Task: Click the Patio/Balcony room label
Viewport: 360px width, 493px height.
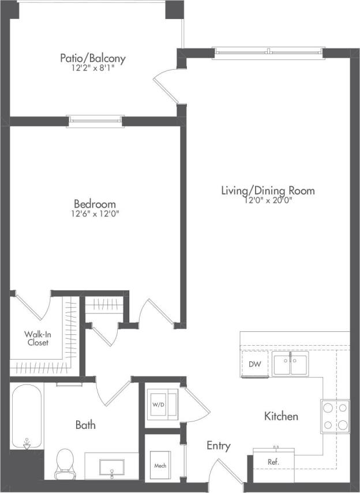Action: (93, 58)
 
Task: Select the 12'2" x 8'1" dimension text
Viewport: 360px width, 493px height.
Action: (93, 68)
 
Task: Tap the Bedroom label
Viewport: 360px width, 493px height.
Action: (95, 204)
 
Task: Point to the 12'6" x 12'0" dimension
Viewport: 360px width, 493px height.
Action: (95, 214)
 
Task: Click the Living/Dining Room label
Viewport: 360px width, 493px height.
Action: (268, 191)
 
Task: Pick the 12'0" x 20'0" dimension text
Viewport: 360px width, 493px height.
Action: (268, 201)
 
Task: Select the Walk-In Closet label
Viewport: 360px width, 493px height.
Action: (36, 338)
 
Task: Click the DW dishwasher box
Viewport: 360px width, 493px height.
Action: (254, 364)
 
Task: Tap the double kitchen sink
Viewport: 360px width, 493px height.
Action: (290, 365)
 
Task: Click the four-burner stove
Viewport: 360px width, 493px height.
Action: (335, 416)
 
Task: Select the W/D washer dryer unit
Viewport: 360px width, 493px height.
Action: (158, 405)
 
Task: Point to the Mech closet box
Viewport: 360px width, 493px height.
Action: (160, 465)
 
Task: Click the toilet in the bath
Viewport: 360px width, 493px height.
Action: (65, 463)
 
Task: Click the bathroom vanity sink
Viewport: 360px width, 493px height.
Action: (111, 465)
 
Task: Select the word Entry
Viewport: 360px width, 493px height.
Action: (219, 446)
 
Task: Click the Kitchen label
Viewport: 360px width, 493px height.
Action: (281, 416)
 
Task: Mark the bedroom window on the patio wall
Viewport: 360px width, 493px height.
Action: (95, 121)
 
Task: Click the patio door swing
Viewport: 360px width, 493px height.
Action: (166, 85)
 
